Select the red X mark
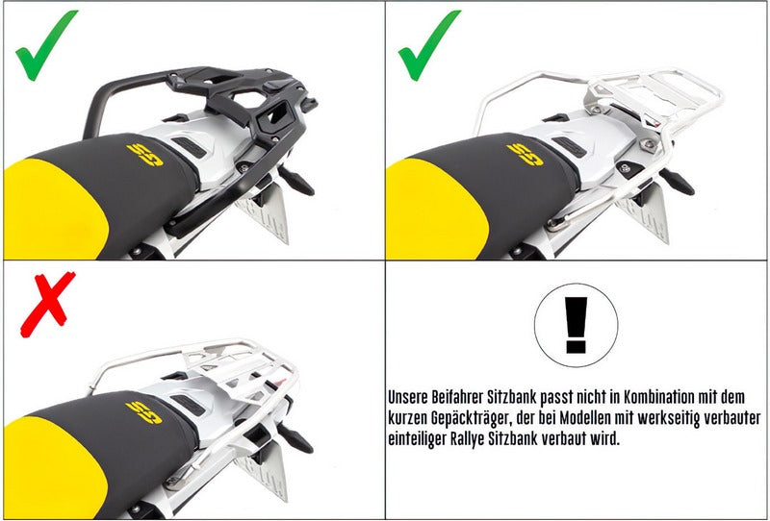(x=47, y=304)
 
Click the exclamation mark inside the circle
(x=576, y=325)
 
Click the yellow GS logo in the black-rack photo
(x=145, y=155)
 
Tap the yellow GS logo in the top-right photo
(x=525, y=155)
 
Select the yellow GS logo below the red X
(x=143, y=412)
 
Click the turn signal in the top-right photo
(x=677, y=181)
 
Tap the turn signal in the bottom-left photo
(x=295, y=438)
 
